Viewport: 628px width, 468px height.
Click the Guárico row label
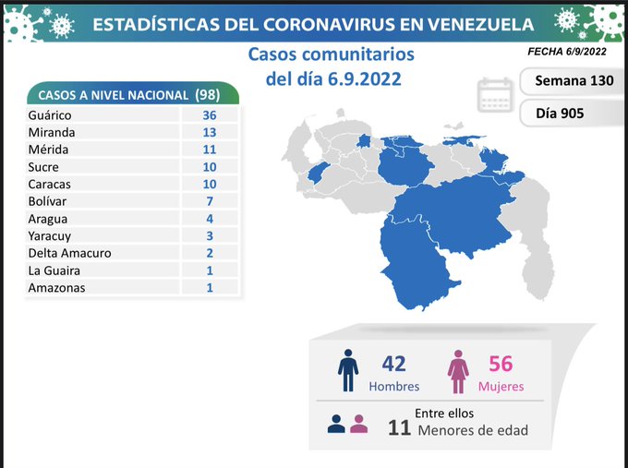(x=50, y=115)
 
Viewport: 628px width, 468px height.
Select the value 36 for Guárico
(x=210, y=115)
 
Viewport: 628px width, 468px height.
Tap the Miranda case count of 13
(x=210, y=132)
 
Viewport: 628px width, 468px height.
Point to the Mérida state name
(x=49, y=150)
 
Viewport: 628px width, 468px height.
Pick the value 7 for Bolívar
(x=210, y=201)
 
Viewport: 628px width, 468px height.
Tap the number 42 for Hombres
(x=393, y=364)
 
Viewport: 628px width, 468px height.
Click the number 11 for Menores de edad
(x=398, y=426)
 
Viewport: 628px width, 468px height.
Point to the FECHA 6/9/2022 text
(x=568, y=54)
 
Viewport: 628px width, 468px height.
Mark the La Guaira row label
(x=54, y=270)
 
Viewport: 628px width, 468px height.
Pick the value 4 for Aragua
(x=210, y=219)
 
